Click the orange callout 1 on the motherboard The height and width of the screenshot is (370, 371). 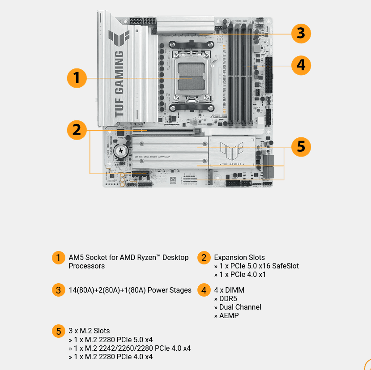[x=77, y=78]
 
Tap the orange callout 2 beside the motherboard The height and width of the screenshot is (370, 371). [x=77, y=130]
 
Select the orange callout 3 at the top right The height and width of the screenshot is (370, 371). [x=301, y=33]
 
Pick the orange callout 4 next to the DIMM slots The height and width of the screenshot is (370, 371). [x=301, y=65]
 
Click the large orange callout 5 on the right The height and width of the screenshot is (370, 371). [x=301, y=147]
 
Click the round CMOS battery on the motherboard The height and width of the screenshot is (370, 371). [x=120, y=151]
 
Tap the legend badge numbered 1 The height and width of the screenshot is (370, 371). [x=58, y=258]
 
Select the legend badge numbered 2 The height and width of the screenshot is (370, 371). [x=204, y=258]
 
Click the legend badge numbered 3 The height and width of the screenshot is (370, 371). [x=58, y=290]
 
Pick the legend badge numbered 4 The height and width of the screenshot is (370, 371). [x=204, y=290]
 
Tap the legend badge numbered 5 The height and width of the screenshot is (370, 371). [x=58, y=331]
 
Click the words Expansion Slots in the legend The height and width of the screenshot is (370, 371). [x=239, y=257]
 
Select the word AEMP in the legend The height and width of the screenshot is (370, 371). [x=229, y=315]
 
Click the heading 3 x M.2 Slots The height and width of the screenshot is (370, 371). [x=89, y=331]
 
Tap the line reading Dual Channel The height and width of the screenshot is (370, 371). [x=240, y=307]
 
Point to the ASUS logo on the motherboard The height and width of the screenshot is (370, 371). [x=219, y=117]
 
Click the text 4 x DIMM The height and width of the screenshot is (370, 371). [x=229, y=290]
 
